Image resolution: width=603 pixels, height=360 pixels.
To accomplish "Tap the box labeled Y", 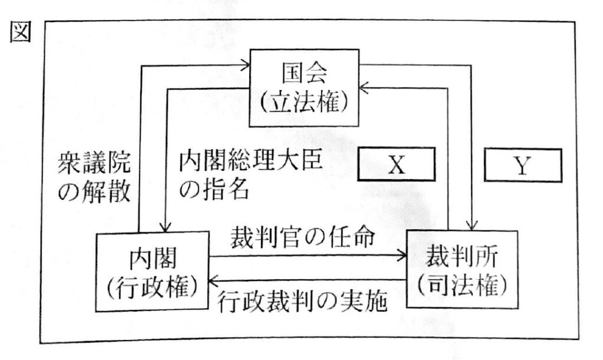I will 522,167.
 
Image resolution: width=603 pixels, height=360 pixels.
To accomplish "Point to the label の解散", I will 94,192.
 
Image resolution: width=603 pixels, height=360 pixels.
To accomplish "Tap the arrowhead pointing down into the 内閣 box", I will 167,226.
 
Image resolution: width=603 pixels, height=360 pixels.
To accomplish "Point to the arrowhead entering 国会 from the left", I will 247,65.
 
